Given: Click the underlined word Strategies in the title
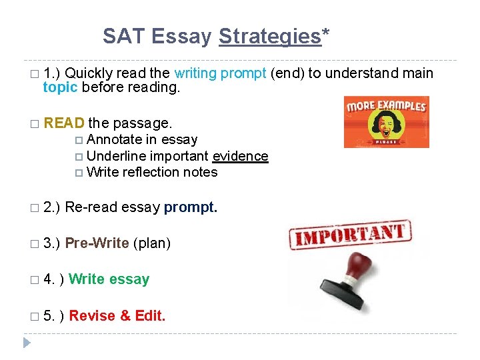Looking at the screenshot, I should coord(270,37).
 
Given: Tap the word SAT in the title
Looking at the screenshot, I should coord(124,37).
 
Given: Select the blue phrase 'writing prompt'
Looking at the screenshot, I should coord(220,73).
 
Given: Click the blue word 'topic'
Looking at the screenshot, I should coord(60,88).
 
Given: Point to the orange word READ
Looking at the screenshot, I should coord(64,123).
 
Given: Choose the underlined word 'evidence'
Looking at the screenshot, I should coord(240,156).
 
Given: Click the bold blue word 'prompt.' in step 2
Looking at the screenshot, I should coord(191,208).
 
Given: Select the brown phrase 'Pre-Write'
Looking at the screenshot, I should coord(97,243).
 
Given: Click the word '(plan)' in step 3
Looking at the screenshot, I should coord(152,243).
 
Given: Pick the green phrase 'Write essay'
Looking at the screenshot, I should coord(109,279).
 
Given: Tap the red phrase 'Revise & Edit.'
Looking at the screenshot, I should coord(117,316).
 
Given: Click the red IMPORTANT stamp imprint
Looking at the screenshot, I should coord(350,235).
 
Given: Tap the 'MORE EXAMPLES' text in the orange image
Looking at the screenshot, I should coord(386,106).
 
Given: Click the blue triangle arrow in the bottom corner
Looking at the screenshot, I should coord(27,343).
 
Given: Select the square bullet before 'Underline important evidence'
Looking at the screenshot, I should coord(80,157).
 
